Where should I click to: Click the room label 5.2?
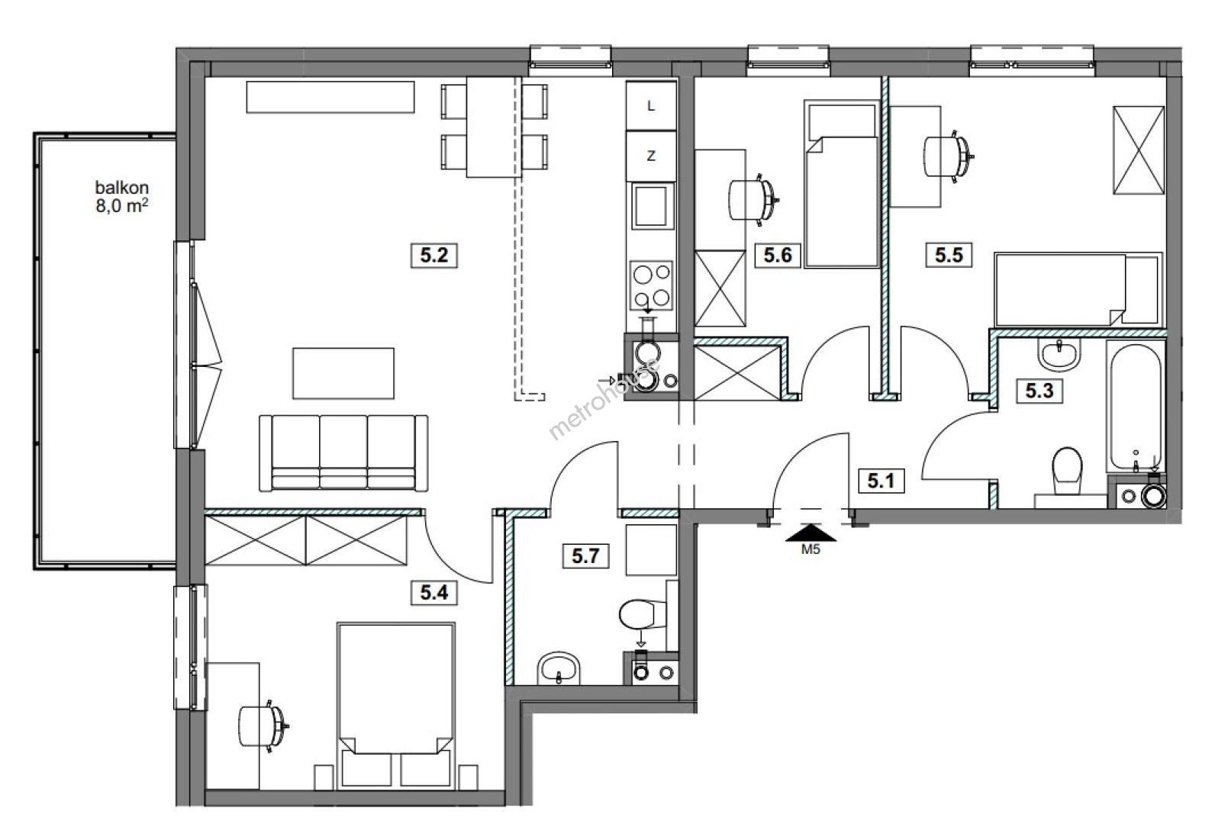pos(434,256)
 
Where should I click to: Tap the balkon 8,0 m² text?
pos(122,197)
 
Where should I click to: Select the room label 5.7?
pos(585,555)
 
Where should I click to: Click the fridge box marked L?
pos(652,106)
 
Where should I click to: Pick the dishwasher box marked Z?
pos(652,156)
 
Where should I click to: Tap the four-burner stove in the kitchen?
pos(652,285)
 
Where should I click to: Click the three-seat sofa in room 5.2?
pos(343,453)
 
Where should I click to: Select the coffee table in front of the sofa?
pos(343,374)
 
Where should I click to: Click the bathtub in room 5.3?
pos(1136,407)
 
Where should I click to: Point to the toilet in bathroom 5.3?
pos(1067,471)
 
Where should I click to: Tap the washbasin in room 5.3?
pos(1059,355)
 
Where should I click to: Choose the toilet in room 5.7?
pos(642,614)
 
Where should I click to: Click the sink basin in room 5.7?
pos(559,668)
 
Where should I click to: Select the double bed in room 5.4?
pos(396,706)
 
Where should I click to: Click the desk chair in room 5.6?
pos(753,200)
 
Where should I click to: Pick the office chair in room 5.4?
pos(263,726)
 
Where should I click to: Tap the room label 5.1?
pos(881,481)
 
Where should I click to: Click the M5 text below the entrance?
pos(811,549)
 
